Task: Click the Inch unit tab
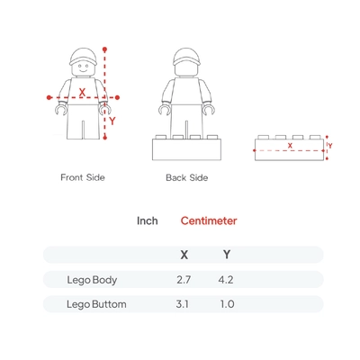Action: click(x=148, y=220)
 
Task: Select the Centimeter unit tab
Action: click(x=209, y=220)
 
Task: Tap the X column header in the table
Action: click(x=184, y=255)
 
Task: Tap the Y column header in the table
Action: click(x=227, y=255)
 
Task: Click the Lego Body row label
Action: click(x=92, y=280)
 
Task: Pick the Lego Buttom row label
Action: click(x=96, y=304)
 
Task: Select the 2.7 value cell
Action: click(x=184, y=280)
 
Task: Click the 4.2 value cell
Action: click(x=226, y=280)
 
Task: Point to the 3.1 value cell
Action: click(x=183, y=304)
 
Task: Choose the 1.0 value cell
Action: click(x=227, y=304)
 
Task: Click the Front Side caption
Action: click(x=83, y=177)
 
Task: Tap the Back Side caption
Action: click(x=187, y=177)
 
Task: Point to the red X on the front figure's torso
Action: click(x=82, y=93)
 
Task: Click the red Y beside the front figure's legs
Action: click(x=112, y=121)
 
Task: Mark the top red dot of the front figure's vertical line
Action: click(x=104, y=49)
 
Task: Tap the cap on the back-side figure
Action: click(x=186, y=57)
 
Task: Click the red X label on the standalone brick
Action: click(x=290, y=146)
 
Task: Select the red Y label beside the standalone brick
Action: click(x=330, y=146)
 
